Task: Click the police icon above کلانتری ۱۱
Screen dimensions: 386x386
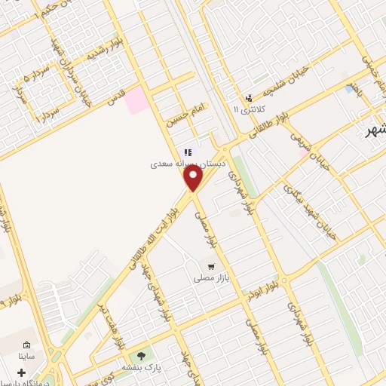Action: point(249,98)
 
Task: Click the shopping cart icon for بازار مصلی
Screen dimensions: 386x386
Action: point(213,267)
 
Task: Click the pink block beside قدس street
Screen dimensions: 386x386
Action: point(136,100)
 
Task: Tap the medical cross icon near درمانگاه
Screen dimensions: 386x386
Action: point(20,372)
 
